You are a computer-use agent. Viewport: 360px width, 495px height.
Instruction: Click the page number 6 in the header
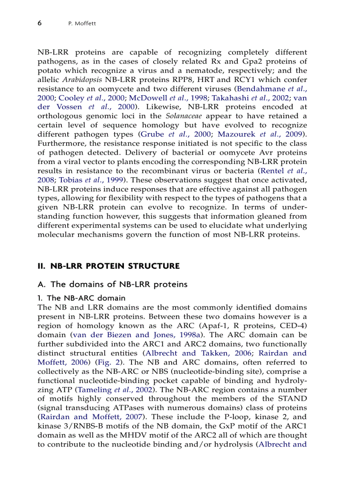click(x=39, y=23)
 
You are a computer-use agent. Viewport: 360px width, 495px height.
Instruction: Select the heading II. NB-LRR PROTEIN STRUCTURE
click(x=108, y=266)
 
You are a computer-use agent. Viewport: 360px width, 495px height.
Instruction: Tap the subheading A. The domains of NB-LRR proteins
click(x=112, y=284)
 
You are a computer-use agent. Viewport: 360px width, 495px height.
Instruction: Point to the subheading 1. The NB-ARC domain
click(x=82, y=298)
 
